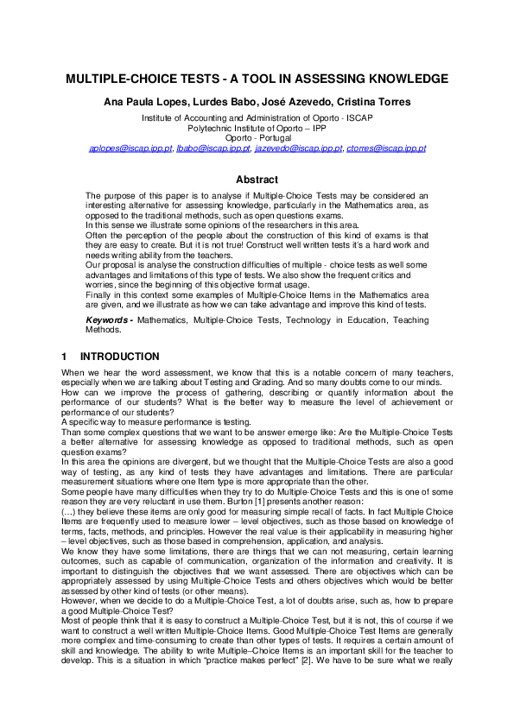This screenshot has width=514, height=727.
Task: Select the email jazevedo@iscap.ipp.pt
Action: [x=294, y=149]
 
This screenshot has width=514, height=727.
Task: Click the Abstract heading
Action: [x=257, y=180]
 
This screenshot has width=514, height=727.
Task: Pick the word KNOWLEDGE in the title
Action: [x=403, y=79]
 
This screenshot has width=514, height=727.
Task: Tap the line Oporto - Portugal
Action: [x=257, y=137]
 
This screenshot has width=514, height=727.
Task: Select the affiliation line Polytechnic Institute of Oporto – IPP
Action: [x=257, y=127]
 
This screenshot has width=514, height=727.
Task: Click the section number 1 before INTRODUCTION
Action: [x=64, y=357]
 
